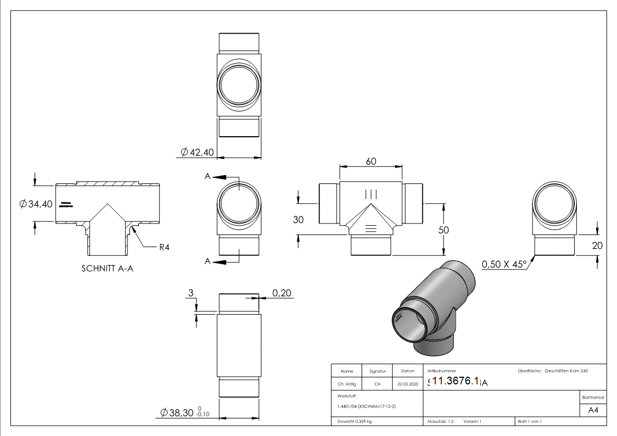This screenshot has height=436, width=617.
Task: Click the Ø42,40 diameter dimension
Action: point(197,153)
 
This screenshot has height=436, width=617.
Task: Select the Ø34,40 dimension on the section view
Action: point(36,204)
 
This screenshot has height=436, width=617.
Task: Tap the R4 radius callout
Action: point(164,248)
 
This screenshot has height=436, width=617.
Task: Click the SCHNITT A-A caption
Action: point(108,269)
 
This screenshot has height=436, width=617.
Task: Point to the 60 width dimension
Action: point(371,161)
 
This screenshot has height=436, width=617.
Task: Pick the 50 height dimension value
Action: point(443,230)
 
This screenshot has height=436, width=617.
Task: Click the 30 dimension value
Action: point(298,220)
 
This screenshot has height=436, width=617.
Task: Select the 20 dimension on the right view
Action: point(597,246)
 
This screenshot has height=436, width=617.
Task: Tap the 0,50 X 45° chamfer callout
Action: point(504,265)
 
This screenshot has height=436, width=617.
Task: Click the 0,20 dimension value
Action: point(282,294)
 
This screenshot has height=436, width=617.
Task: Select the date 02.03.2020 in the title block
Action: point(408,384)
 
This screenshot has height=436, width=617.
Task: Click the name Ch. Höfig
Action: point(347,384)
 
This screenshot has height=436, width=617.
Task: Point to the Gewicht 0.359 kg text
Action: point(354,422)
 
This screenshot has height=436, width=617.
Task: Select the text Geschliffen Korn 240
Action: point(566,371)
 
